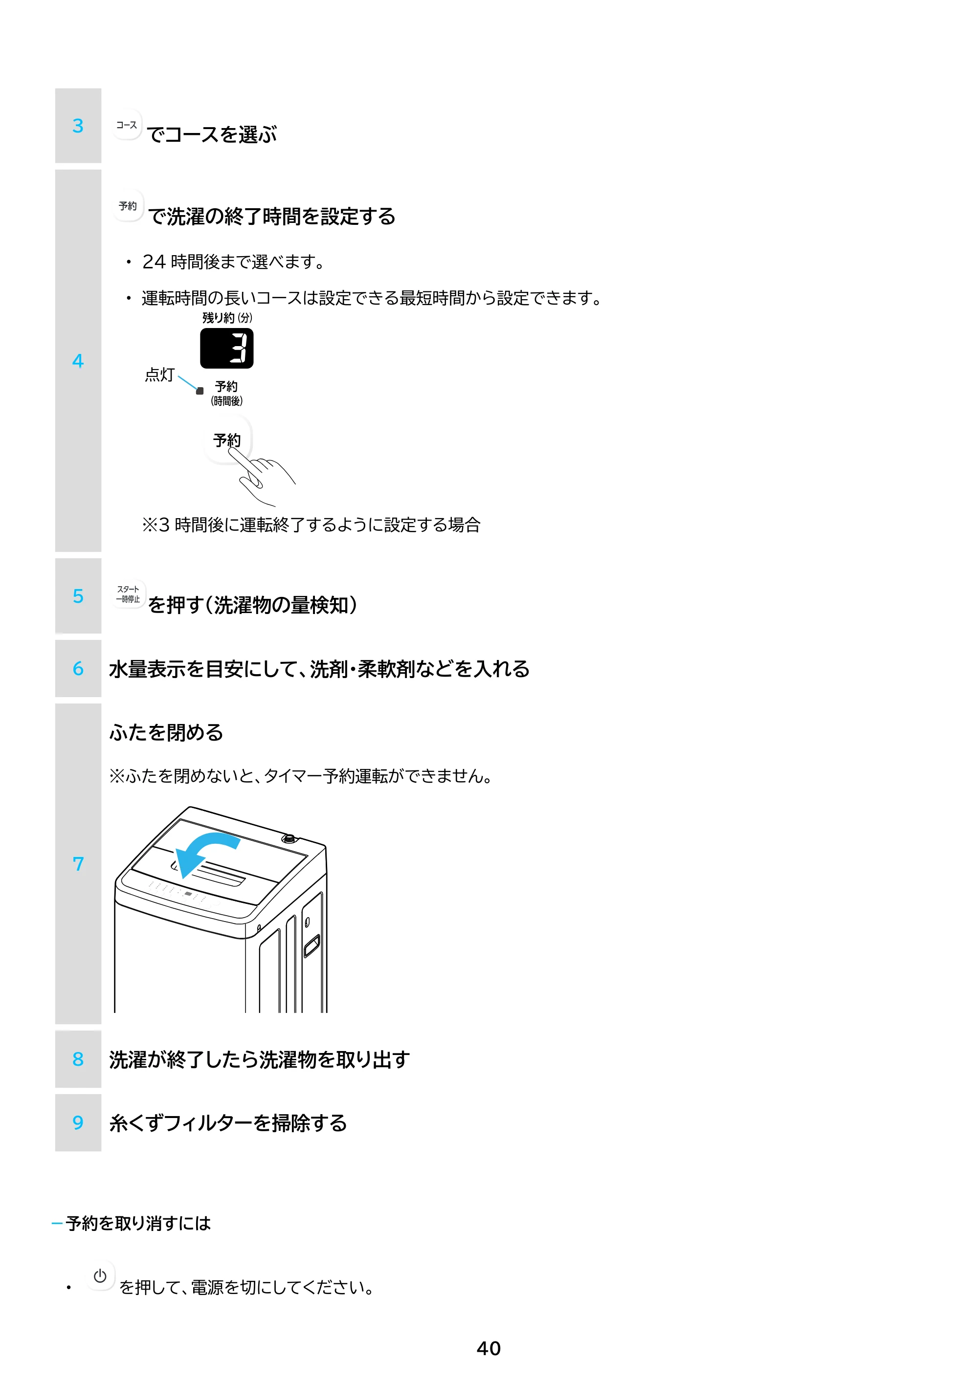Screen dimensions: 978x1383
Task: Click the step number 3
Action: point(78,126)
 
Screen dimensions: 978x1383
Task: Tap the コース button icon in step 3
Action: point(127,125)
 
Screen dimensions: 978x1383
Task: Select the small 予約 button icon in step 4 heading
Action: point(128,206)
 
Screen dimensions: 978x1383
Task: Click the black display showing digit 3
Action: point(226,348)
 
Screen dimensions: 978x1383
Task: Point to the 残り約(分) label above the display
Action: point(227,317)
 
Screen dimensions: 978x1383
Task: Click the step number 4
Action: point(78,361)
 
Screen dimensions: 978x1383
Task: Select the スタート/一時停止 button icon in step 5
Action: point(128,594)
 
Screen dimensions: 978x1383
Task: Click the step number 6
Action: point(78,669)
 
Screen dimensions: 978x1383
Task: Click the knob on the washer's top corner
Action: point(289,838)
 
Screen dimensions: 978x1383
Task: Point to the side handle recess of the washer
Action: point(311,945)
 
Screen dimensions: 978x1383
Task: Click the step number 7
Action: point(78,864)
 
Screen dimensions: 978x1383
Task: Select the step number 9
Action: point(78,1123)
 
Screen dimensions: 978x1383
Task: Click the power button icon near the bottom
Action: point(100,1276)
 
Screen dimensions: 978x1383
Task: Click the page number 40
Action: point(489,1348)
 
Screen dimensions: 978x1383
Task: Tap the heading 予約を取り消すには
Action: point(138,1223)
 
